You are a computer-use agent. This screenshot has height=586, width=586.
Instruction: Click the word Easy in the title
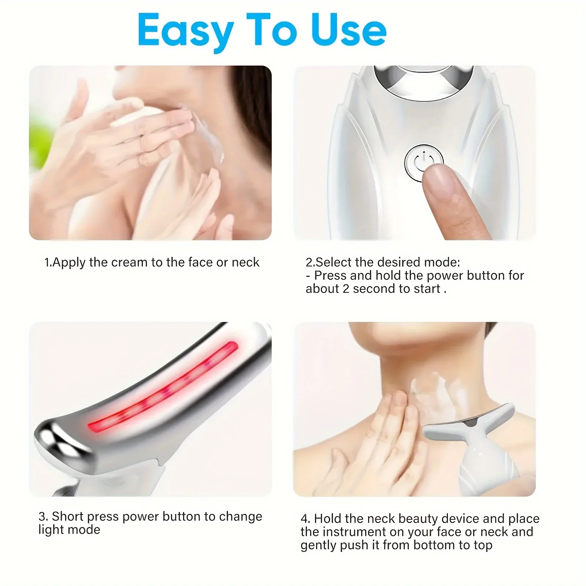click(x=186, y=31)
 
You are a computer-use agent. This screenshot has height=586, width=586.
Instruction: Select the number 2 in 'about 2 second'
click(x=346, y=289)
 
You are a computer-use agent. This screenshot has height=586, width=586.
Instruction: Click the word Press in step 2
click(x=330, y=275)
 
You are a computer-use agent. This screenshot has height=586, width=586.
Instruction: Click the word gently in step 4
click(x=319, y=545)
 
